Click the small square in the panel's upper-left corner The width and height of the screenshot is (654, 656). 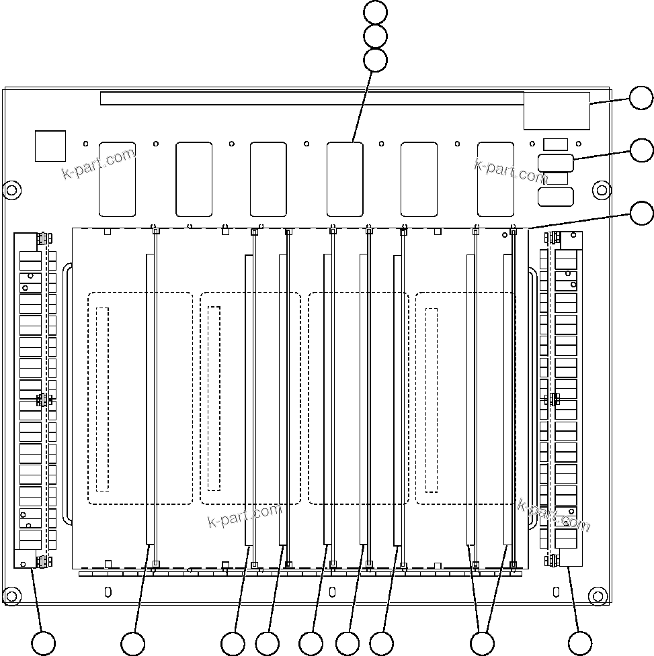[50, 146]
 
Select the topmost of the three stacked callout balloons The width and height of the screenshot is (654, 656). [375, 11]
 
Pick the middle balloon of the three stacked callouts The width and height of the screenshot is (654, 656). [375, 36]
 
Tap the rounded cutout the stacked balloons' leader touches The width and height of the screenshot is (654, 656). [345, 179]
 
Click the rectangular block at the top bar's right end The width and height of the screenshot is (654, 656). [557, 111]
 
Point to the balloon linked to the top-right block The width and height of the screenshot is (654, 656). [641, 98]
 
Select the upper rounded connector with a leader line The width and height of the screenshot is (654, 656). [555, 163]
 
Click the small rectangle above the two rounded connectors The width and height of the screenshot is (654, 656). [555, 144]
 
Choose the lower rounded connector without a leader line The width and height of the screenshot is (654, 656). [555, 197]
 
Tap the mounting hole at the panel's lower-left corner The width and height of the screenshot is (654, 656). [11, 595]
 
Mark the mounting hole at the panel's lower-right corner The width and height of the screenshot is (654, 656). [598, 595]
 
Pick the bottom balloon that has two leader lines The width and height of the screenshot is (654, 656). [481, 643]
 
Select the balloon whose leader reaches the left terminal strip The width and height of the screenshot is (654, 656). [44, 643]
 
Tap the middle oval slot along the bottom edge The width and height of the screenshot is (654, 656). [332, 592]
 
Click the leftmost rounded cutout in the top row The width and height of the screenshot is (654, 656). [117, 179]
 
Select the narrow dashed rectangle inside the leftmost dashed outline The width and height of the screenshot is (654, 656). [102, 399]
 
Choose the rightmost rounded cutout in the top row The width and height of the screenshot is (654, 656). [495, 179]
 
